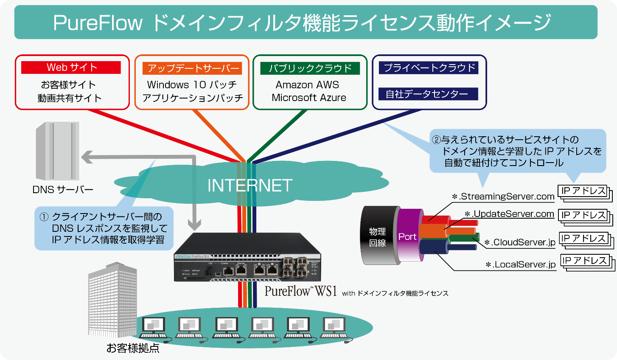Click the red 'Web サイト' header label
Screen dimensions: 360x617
pos(71,67)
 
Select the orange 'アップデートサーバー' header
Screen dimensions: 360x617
pos(194,68)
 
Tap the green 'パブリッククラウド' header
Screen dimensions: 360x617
pos(310,68)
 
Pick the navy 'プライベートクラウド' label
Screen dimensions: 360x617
pos(429,68)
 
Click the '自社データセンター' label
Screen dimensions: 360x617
pos(428,94)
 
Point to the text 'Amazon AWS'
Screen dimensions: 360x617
pos(307,85)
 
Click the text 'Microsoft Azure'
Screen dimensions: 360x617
pos(309,98)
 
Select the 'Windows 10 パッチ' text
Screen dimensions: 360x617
pos(192,85)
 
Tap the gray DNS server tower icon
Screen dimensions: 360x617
pos(57,151)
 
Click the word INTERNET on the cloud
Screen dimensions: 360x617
pos(250,186)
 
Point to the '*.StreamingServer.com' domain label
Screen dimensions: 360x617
pos(503,197)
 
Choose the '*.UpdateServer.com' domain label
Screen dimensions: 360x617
pos(509,214)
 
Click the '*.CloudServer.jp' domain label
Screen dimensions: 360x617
pos(520,242)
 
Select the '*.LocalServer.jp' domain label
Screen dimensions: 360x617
pos(520,264)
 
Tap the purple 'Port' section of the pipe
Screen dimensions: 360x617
pos(407,236)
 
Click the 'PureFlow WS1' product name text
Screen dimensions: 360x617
pos(300,291)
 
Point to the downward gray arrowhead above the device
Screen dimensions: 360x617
pos(195,224)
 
